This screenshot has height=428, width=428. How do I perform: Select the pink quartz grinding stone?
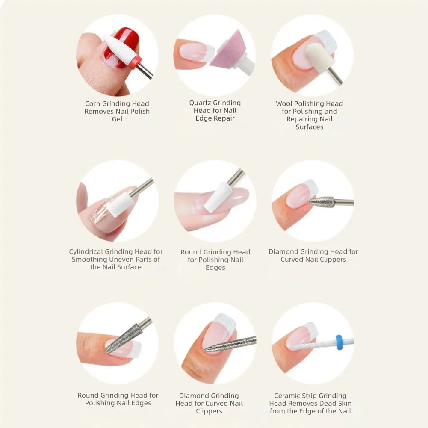point(227,52)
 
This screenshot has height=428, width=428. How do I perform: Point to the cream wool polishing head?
point(319,58)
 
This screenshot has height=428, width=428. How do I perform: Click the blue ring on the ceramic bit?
point(339,342)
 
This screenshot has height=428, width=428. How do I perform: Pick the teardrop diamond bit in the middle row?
point(322,202)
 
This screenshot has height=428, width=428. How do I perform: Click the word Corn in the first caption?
point(92,104)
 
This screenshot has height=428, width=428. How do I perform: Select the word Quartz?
point(200,103)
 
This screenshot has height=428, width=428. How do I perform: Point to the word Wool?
point(284,104)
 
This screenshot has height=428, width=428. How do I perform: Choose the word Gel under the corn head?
point(117,119)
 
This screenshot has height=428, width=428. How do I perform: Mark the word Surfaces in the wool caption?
point(310,127)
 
